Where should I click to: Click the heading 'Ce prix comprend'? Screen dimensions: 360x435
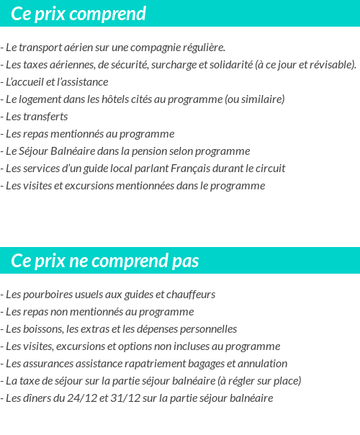[78, 14]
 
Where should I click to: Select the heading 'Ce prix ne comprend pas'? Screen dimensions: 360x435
[105, 260]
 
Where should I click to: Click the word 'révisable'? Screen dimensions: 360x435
[331, 65]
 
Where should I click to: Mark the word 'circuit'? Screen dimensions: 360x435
[270, 169]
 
